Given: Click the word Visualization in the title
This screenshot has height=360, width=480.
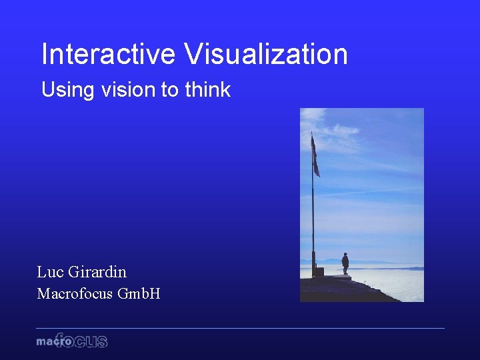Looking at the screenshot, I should click(267, 54).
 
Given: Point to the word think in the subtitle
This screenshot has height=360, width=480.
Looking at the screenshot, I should click(208, 90).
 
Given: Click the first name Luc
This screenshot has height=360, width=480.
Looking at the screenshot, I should click(50, 272).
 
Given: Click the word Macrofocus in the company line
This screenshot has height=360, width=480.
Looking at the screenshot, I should click(75, 293).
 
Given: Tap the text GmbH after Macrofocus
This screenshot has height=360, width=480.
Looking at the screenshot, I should click(139, 293).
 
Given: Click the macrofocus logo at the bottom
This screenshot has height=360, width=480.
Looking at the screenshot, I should click(72, 341).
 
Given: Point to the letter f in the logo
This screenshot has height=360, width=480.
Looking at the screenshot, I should click(60, 339).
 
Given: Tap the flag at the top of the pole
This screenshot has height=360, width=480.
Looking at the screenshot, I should click(315, 156).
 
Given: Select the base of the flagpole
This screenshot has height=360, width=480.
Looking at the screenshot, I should click(319, 272).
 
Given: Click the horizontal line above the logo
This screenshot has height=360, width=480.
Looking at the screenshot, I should click(240, 328).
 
